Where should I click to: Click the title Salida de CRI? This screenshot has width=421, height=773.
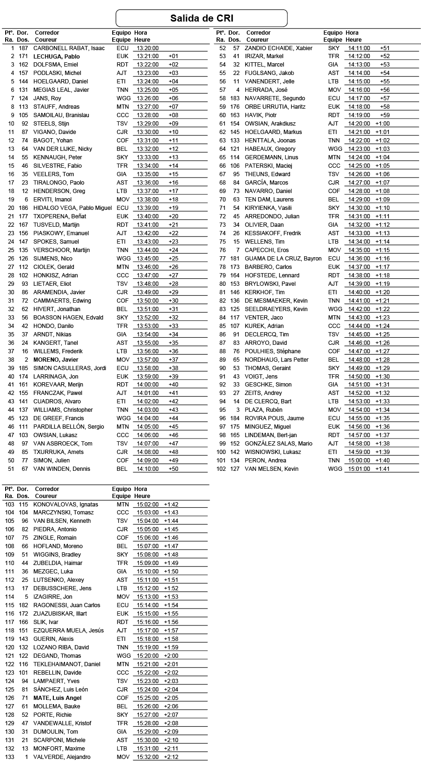[202, 18]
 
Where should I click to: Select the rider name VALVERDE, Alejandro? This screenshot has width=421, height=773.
[62, 757]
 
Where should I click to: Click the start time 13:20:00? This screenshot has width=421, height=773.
[148, 48]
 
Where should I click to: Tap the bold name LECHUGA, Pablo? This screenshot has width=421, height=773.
[57, 56]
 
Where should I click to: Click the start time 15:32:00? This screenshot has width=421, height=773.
[148, 757]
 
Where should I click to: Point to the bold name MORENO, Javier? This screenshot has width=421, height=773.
[56, 360]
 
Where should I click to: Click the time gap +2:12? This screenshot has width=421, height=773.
[171, 757]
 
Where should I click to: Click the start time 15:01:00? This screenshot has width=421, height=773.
[359, 468]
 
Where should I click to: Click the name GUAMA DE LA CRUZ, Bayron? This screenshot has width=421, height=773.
[283, 259]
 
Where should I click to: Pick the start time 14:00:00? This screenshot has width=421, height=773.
[148, 385]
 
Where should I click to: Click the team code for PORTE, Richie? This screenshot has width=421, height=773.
[122, 714]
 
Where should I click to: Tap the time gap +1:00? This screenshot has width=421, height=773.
[382, 124]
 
